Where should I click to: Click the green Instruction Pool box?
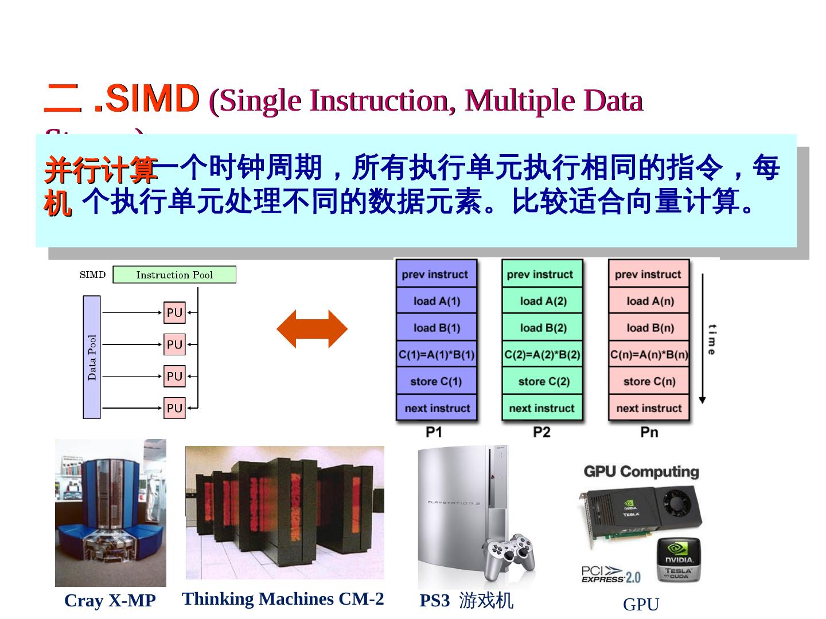(174, 275)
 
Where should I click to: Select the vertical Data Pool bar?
(92, 357)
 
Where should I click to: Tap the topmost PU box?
(174, 312)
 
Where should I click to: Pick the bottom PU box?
(174, 408)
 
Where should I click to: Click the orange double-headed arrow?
(312, 329)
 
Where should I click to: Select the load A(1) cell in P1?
(437, 301)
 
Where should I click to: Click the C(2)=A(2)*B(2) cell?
(542, 355)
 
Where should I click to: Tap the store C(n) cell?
(649, 382)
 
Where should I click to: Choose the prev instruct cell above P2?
(542, 274)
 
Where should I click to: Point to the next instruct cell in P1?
(437, 408)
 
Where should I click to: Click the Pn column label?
(649, 432)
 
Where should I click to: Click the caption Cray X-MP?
(110, 601)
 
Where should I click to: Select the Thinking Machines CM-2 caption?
(283, 599)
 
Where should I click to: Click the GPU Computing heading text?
(641, 472)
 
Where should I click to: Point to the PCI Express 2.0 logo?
(610, 574)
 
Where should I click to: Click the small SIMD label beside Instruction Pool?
(93, 275)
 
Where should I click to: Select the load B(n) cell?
(649, 328)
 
